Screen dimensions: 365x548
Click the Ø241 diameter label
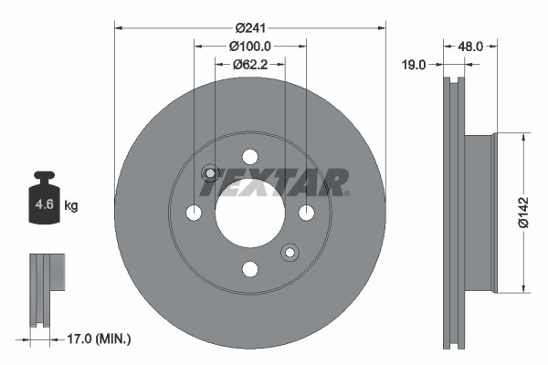tap(249, 27)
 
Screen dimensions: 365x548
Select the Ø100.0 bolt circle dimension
tap(248, 46)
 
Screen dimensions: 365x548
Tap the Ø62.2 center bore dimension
tap(249, 64)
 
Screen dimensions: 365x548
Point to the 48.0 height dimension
tap(469, 45)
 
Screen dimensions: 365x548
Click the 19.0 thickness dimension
tap(415, 64)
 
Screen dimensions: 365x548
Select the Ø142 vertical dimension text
tap(523, 211)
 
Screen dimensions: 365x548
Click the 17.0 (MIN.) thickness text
tap(100, 339)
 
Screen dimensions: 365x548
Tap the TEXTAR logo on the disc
tap(274, 182)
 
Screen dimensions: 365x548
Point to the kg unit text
tap(71, 206)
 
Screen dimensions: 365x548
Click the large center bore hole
tap(248, 214)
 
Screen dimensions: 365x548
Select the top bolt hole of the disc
tap(249, 157)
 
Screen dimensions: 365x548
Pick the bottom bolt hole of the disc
tap(249, 269)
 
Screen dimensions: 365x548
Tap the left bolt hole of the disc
tap(194, 213)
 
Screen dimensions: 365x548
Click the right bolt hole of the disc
tap(306, 213)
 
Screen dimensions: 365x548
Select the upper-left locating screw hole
tap(209, 173)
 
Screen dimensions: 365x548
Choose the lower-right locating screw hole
tap(290, 252)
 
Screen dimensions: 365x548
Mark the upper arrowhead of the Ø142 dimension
tap(522, 138)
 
